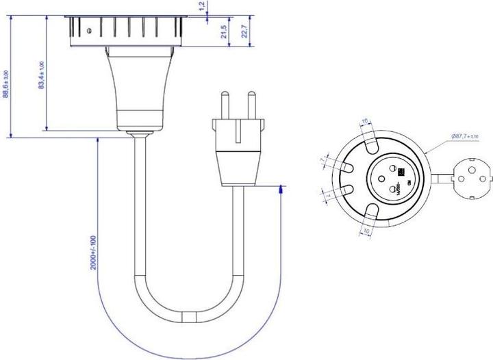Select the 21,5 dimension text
tap(223, 32)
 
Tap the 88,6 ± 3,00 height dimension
tap(6, 83)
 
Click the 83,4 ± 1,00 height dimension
tap(41, 75)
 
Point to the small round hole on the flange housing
tap(90, 30)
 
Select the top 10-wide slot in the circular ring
tap(368, 144)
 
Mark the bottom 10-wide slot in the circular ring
tap(367, 209)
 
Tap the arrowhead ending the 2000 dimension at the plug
tap(282, 192)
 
